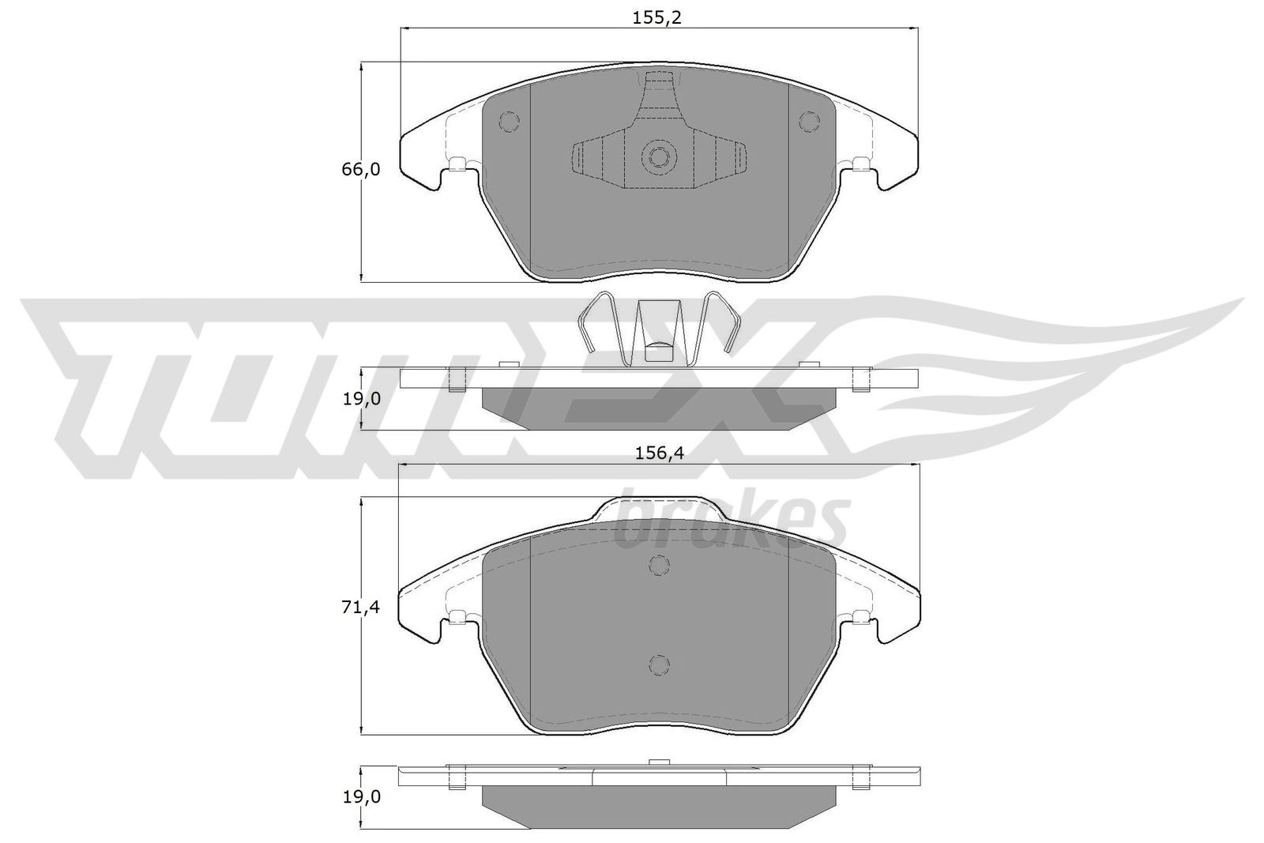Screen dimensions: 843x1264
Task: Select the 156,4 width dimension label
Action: coord(659,453)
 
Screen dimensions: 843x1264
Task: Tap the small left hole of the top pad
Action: coord(510,122)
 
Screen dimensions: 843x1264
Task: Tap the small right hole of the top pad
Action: coord(807,122)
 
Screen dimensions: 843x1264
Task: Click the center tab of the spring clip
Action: coord(658,332)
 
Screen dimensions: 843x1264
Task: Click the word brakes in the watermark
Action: coord(731,521)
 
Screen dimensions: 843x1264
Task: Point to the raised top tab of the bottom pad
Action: coord(659,507)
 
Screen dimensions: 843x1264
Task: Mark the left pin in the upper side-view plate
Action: coord(455,381)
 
